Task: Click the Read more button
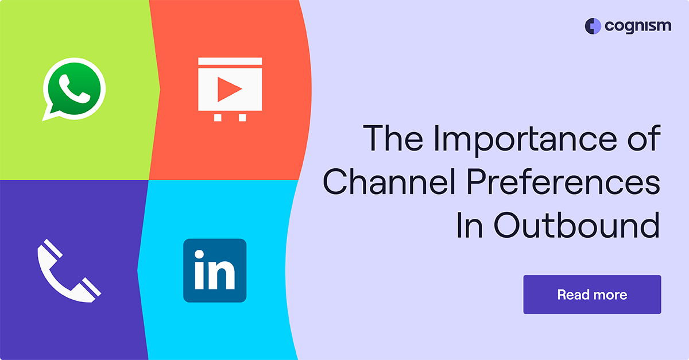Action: pyautogui.click(x=592, y=295)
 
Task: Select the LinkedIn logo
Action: pyautogui.click(x=215, y=270)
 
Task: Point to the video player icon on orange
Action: pyautogui.click(x=230, y=88)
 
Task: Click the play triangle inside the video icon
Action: pyautogui.click(x=230, y=89)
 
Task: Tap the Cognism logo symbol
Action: pyautogui.click(x=593, y=26)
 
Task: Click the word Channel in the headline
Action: pyautogui.click(x=385, y=182)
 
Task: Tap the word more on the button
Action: pyautogui.click(x=610, y=295)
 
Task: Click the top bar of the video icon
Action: pyautogui.click(x=230, y=61)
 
